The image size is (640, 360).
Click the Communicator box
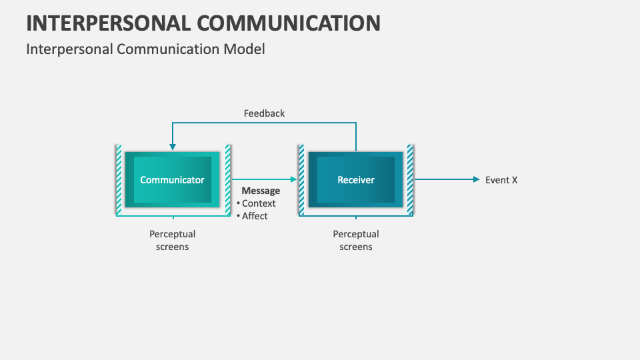(x=172, y=180)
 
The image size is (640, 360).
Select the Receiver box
(x=355, y=180)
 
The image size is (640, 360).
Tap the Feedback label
(x=264, y=113)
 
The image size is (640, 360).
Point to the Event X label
(x=501, y=180)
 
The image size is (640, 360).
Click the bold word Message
(x=261, y=191)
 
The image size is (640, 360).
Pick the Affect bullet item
(x=255, y=216)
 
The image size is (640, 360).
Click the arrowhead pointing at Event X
(x=476, y=179)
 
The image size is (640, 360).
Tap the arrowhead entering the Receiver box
(x=293, y=179)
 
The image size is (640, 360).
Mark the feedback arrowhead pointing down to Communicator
(x=172, y=146)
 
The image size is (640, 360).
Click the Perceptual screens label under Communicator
(x=172, y=241)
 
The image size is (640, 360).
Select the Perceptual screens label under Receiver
(x=355, y=241)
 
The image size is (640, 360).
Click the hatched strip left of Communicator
(x=119, y=180)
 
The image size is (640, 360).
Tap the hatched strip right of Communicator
(x=227, y=180)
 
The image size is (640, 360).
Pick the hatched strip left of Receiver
(x=301, y=180)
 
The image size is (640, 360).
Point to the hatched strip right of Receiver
(x=410, y=180)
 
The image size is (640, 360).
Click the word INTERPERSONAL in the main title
(x=107, y=23)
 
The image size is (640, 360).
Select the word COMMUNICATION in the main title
(x=289, y=23)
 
